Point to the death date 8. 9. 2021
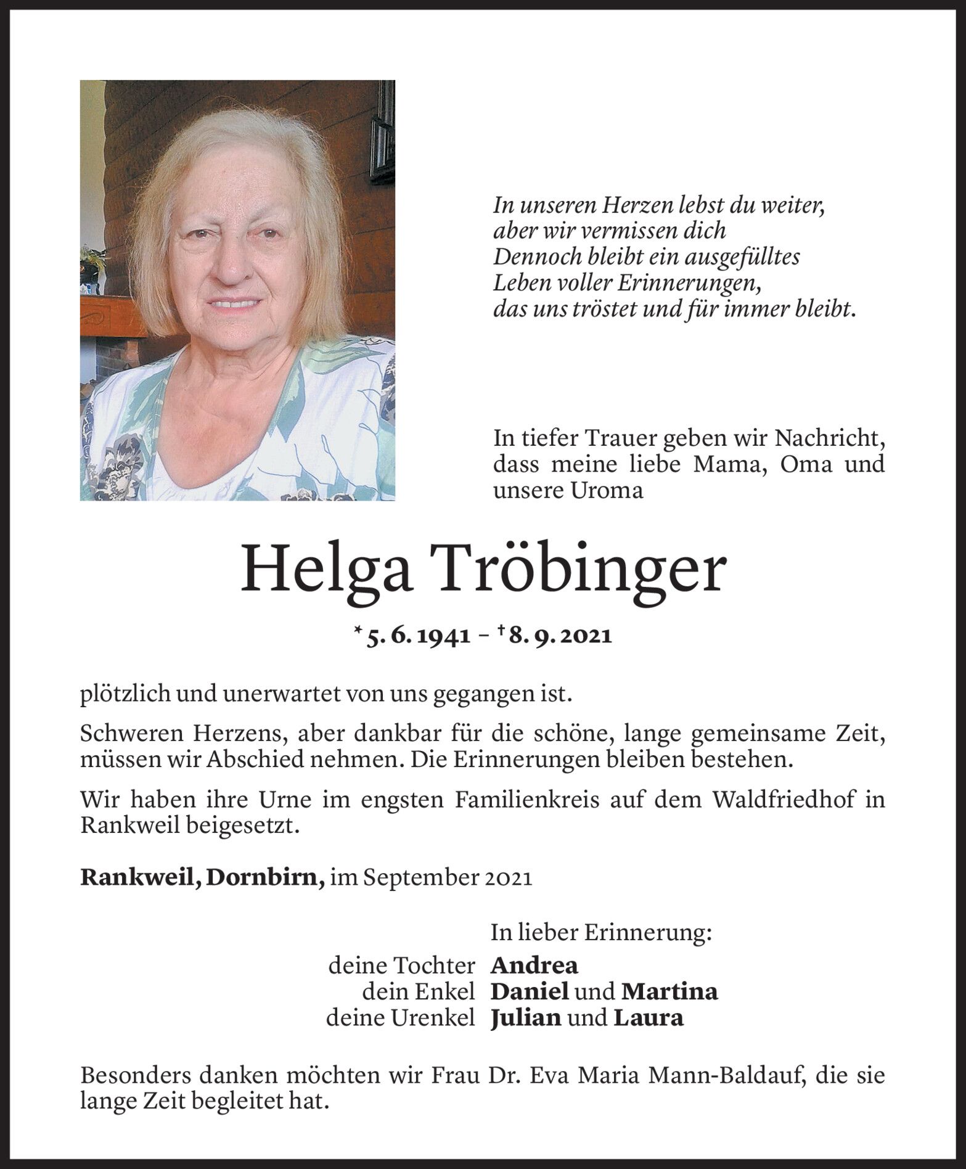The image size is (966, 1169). pyautogui.click(x=561, y=636)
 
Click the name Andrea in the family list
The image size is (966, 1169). pyautogui.click(x=534, y=966)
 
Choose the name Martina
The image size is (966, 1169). pyautogui.click(x=669, y=991)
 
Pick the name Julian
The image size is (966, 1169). pyautogui.click(x=526, y=1018)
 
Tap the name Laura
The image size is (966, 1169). pyautogui.click(x=649, y=1018)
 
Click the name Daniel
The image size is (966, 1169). pyautogui.click(x=530, y=991)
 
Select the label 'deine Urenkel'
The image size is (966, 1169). pyautogui.click(x=401, y=1018)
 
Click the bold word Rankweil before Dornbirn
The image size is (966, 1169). pyautogui.click(x=139, y=878)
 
